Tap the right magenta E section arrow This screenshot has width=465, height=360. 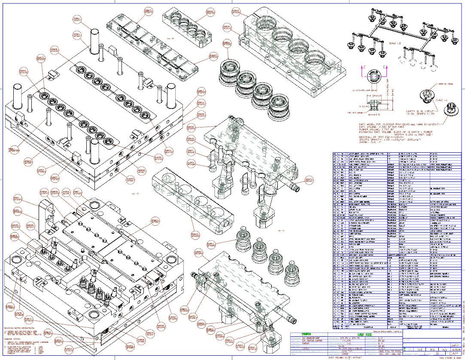(x=385, y=69)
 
